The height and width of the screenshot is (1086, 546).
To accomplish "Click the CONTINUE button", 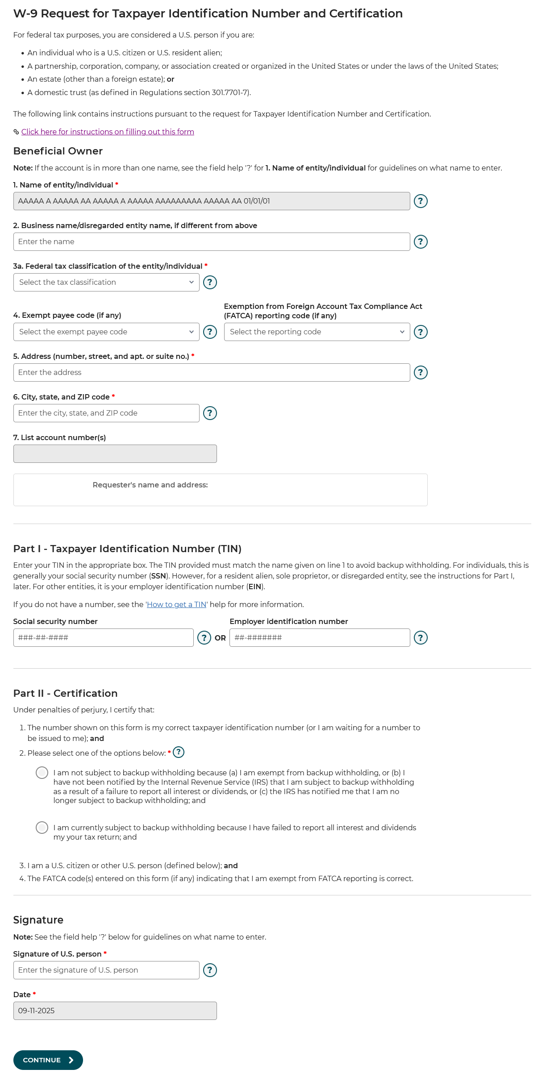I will pos(48,1060).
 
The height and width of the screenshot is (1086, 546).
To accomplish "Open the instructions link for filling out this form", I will pos(108,132).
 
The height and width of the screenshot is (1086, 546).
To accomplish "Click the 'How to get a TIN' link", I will pos(176,604).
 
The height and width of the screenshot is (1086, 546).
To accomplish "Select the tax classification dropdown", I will pos(106,282).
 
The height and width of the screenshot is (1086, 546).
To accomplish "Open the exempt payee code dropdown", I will pos(106,332).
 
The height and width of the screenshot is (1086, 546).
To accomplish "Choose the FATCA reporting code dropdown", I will pos(317,332).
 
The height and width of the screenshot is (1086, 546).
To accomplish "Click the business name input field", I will pos(212,241).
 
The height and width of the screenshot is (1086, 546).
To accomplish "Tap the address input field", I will pos(212,372).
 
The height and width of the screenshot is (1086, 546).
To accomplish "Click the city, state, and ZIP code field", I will pos(106,413).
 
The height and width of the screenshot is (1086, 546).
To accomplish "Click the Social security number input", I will pos(103,637).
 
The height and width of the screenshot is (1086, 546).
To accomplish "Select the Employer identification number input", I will pos(319,637).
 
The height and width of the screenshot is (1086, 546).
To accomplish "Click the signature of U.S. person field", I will pos(106,970).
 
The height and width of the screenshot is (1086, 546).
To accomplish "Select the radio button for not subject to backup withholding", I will pos(42,773).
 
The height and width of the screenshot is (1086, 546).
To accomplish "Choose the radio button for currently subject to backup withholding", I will pos(42,828).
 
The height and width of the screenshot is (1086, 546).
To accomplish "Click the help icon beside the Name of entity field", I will pos(421,201).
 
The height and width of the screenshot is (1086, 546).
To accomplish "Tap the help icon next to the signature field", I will pos(210,970).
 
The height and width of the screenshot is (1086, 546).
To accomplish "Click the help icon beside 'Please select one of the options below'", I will pos(179,752).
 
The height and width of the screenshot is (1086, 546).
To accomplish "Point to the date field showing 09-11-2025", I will pos(115,1011).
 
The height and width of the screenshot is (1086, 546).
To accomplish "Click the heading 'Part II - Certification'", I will pos(65,693).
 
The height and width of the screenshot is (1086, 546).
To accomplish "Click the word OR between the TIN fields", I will pos(220,638).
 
